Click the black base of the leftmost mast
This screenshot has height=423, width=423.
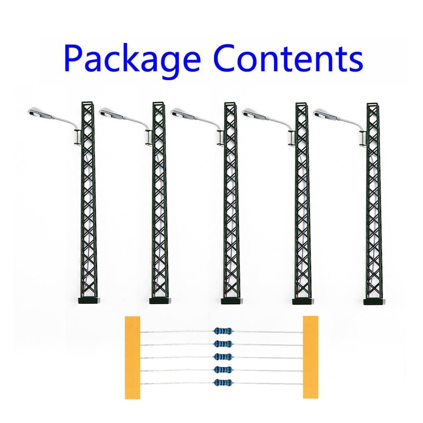tap(89, 301)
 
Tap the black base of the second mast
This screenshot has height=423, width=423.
tap(160, 301)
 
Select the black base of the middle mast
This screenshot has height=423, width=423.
tap(232, 301)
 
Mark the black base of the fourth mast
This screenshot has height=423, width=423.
tap(303, 301)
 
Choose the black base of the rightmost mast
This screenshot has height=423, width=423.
tap(374, 301)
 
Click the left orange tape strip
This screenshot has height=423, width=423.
tap(132, 358)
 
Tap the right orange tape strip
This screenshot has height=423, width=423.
tap(311, 358)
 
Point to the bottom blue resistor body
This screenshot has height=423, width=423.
tap(223, 382)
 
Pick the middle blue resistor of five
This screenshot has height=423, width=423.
tap(223, 357)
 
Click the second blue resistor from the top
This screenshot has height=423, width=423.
tap(223, 344)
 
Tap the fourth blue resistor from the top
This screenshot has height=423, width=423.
tap(223, 370)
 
